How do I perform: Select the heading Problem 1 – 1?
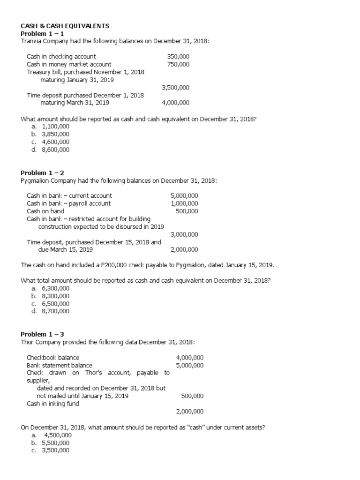click(42, 34)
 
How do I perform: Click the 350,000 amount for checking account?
click(178, 57)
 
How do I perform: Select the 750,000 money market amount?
click(178, 64)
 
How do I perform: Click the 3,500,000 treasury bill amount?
click(175, 88)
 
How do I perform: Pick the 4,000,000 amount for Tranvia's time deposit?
click(175, 103)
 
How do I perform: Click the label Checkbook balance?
click(53, 358)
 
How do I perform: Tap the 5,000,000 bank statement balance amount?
click(190, 365)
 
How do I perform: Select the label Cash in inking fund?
click(53, 404)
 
